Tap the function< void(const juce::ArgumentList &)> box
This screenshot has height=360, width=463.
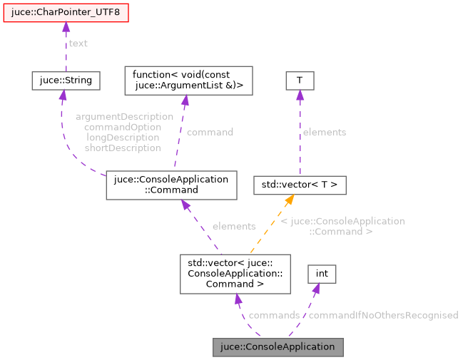pyautogui.click(x=188, y=81)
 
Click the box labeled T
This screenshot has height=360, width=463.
pyautogui.click(x=300, y=81)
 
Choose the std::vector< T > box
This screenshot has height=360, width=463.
pyautogui.click(x=300, y=185)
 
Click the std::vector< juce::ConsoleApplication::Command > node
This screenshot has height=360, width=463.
pyautogui.click(x=235, y=274)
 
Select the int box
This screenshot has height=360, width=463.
pyautogui.click(x=322, y=274)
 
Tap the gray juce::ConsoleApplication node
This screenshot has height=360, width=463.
pyautogui.click(x=278, y=347)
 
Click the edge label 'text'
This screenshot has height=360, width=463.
pyautogui.click(x=78, y=43)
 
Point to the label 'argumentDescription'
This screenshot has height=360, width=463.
pyautogui.click(x=124, y=116)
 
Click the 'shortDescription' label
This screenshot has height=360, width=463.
pyautogui.click(x=122, y=148)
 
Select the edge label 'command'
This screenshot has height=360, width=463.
pyautogui.click(x=210, y=132)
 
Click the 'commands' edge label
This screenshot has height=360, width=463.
pyautogui.click(x=274, y=315)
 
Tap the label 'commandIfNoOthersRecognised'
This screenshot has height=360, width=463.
pyautogui.click(x=383, y=315)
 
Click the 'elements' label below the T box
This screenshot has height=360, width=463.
pyautogui.click(x=324, y=132)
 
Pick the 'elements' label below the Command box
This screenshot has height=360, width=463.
pyautogui.click(x=233, y=226)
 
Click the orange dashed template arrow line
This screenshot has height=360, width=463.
pyautogui.click(x=269, y=228)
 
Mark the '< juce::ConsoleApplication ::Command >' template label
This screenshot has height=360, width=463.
pyautogui.click(x=342, y=226)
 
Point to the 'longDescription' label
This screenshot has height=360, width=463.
pyautogui.click(x=122, y=138)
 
